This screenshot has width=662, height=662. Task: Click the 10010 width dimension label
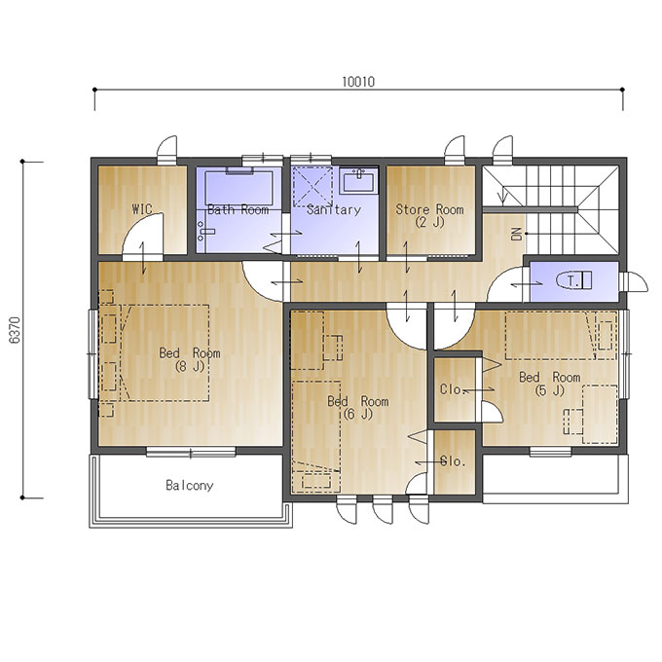358,82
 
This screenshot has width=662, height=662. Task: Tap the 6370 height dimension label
15,330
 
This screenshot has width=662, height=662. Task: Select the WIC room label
142,209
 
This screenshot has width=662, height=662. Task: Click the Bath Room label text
239,209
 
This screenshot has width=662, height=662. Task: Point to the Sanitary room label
334,210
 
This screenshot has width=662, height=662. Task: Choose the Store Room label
429,209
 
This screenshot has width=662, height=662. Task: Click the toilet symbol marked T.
574,280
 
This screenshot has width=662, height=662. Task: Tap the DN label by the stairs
517,234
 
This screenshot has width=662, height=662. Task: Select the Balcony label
189,486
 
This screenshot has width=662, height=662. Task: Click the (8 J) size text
190,366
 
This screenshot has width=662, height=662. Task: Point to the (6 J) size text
358,414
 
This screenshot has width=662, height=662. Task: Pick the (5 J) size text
549,390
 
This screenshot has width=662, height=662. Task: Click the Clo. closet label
452,389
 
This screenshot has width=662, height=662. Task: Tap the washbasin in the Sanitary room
358,181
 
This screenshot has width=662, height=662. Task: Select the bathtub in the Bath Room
239,187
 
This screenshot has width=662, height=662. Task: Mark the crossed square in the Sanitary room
313,187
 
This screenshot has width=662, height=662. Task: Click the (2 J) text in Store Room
429,222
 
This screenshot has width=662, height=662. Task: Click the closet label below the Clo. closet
452,461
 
